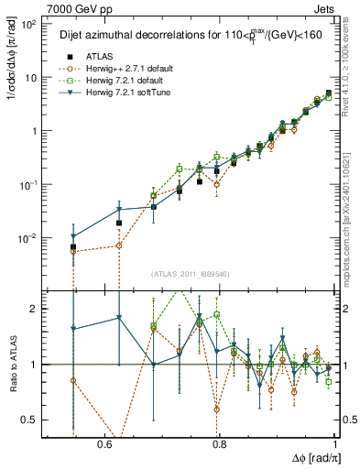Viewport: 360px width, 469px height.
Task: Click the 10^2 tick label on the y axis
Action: [x=27, y=24]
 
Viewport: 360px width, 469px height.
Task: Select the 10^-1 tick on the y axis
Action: [x=27, y=184]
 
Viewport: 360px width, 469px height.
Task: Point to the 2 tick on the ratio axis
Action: [x=34, y=309]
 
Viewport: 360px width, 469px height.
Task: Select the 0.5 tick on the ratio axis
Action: [x=30, y=420]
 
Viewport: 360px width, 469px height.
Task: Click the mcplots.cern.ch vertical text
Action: [x=353, y=211]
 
